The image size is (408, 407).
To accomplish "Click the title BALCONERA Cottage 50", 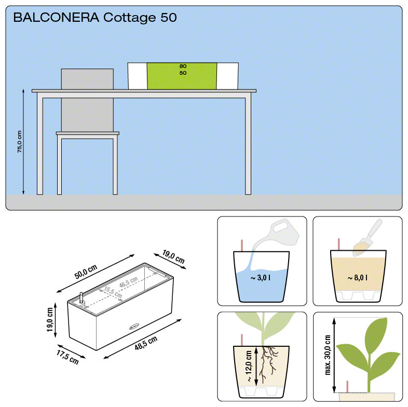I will [95, 18].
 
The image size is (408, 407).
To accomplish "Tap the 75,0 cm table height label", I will [19, 141].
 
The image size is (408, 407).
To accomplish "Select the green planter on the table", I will [182, 76].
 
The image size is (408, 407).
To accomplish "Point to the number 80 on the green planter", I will [183, 67].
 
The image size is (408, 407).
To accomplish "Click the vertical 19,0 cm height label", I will [50, 320].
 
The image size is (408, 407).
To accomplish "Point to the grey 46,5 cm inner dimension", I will [128, 283].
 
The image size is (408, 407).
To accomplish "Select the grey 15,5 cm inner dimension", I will [113, 292].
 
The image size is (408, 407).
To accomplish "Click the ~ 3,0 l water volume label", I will [260, 278].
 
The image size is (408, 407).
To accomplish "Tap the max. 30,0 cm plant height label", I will [328, 355].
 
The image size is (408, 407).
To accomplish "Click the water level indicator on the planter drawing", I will [81, 300].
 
